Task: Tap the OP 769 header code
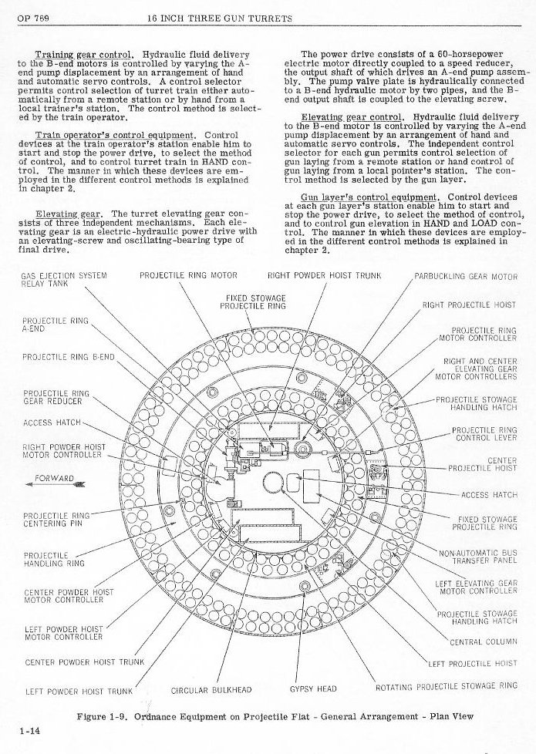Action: click(x=29, y=18)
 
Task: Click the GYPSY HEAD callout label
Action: click(x=312, y=688)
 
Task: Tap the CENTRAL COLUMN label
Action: click(x=483, y=641)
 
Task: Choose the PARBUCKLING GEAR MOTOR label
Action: click(x=466, y=276)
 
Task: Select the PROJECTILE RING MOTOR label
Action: click(x=188, y=275)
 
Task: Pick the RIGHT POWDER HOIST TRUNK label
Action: click(x=325, y=275)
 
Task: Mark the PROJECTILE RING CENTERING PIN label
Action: click(x=56, y=520)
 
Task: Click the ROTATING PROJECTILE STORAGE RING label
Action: click(x=446, y=686)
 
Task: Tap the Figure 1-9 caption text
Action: click(x=275, y=716)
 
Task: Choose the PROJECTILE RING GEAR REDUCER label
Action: click(x=56, y=397)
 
